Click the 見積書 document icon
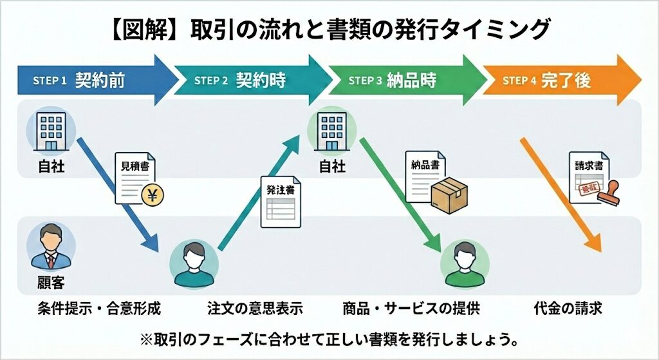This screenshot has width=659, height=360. click(x=136, y=177)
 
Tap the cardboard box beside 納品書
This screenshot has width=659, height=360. click(x=449, y=193)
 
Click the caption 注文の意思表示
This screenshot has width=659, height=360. click(x=255, y=308)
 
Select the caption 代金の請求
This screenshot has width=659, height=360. click(x=568, y=308)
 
